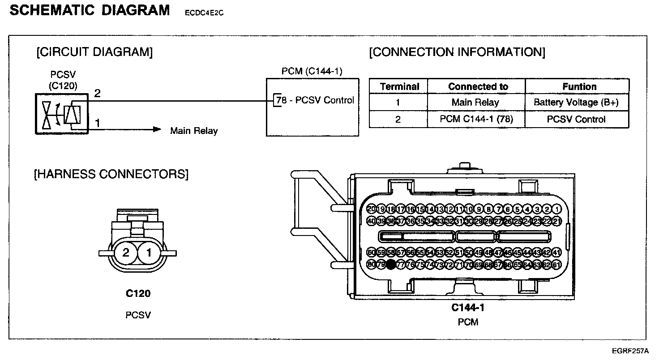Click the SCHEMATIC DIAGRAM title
pos(90,10)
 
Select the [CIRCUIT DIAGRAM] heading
pos(94,52)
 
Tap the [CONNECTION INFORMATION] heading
pos(457,52)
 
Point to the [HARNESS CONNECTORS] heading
pos(111,174)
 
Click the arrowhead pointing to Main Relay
pos(157,130)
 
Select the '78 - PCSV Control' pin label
pos(315,100)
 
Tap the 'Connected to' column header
pos(478,86)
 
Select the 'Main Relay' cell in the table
pos(475,103)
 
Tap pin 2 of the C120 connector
pos(126,253)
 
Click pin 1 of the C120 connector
pos(149,253)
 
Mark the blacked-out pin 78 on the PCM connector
pos(391,265)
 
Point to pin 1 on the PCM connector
pos(556,209)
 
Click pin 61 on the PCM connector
pos(556,265)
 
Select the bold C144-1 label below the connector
pos(468,308)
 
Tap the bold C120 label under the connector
pos(138,294)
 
